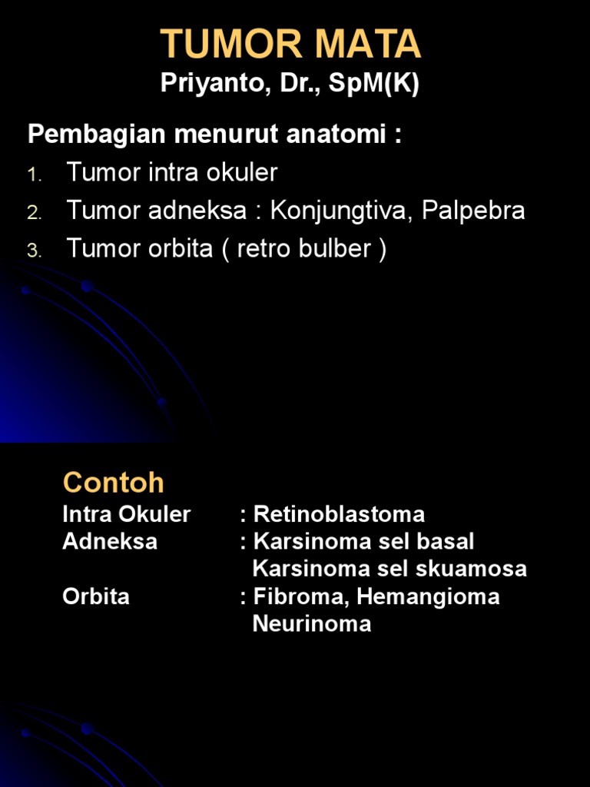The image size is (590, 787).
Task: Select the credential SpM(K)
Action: coord(374,84)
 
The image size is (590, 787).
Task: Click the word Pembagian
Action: coord(97,135)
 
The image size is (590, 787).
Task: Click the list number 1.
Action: coord(33,175)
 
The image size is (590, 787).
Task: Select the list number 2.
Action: coord(33,214)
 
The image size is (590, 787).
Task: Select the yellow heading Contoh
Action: coord(114,483)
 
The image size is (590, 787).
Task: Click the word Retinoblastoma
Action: coord(339,514)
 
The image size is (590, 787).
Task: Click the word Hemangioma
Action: coord(429,596)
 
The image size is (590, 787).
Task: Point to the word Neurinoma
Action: coord(312,623)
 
